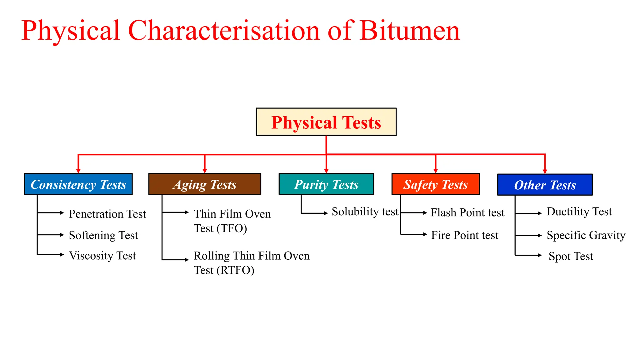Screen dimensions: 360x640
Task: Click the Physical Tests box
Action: pyautogui.click(x=326, y=122)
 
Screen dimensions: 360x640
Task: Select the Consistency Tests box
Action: pyautogui.click(x=78, y=184)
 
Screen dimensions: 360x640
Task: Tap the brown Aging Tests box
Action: pyautogui.click(x=205, y=184)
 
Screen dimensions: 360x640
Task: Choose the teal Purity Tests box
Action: pyautogui.click(x=326, y=184)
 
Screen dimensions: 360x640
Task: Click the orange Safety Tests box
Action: pyautogui.click(x=435, y=184)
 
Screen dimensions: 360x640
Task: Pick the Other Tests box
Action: pyautogui.click(x=545, y=185)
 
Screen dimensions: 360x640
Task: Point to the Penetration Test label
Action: pyautogui.click(x=107, y=214)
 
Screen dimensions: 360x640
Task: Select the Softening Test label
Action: pyautogui.click(x=103, y=235)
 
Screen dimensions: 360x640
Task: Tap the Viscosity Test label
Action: pyautogui.click(x=102, y=256)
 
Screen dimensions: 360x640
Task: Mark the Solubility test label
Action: pyautogui.click(x=365, y=212)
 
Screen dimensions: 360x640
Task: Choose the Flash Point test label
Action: pyautogui.click(x=467, y=212)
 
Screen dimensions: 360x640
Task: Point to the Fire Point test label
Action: pyautogui.click(x=465, y=235)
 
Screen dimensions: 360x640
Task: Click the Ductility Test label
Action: pyautogui.click(x=579, y=212)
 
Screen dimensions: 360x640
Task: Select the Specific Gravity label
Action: pyautogui.click(x=586, y=235)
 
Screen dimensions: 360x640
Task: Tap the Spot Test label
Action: pyautogui.click(x=571, y=256)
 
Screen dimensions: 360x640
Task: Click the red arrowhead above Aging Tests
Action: pyautogui.click(x=205, y=170)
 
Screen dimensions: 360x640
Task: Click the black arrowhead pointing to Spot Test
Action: pyautogui.click(x=540, y=255)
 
